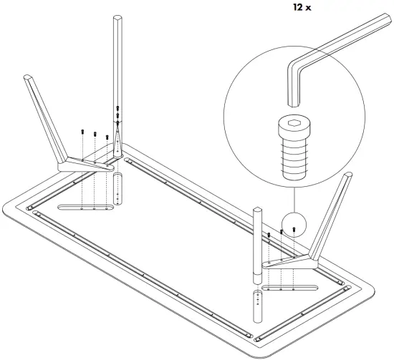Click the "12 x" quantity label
(301, 8)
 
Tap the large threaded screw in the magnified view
(293, 151)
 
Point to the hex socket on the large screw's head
(293, 125)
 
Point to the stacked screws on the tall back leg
(117, 118)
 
